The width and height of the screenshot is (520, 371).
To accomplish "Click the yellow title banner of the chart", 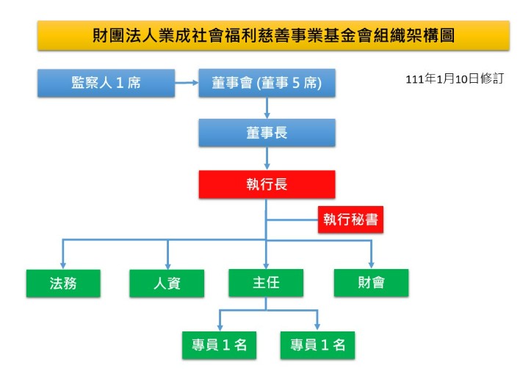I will coord(273,35).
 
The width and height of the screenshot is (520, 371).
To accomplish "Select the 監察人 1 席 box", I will coord(106,83).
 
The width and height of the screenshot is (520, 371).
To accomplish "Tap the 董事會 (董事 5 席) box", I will coord(267,83).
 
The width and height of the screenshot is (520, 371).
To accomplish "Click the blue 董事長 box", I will coord(267,133).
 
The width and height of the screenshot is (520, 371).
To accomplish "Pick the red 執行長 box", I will coord(267,184).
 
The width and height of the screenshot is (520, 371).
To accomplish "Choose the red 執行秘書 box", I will coord(350,219).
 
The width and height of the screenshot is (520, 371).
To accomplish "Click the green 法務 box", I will coord(63,282).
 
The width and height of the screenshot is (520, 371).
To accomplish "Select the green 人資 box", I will coord(167,282).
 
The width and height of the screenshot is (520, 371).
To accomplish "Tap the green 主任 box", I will coord(266,282).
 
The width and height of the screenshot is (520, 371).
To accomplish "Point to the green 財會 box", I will coord(371,282).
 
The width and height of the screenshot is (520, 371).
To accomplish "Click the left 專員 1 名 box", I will coord(220,345).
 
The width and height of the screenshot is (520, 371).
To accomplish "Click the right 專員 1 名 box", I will coord(317,345).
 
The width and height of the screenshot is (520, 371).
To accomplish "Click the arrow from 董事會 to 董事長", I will coord(267,108).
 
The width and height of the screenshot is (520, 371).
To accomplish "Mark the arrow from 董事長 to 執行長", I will coord(267,158).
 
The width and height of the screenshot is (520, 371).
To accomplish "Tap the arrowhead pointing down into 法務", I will coord(63,265).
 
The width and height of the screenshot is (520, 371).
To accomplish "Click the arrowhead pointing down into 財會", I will coord(371,265).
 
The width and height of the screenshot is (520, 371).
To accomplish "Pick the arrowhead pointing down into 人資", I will coord(167,265).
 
